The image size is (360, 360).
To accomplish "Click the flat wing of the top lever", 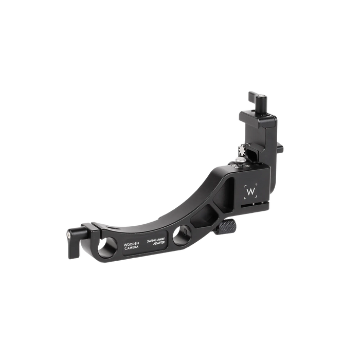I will tap(255, 96).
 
